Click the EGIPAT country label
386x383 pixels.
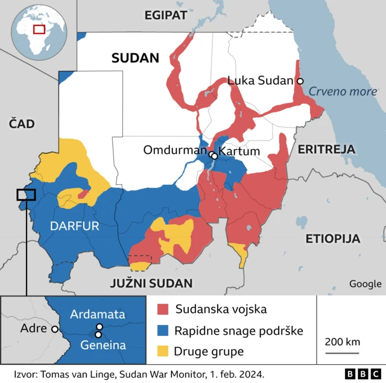pyautogui.click(x=165, y=16)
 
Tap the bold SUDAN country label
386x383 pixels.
pyautogui.click(x=134, y=58)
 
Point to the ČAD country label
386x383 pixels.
pyautogui.click(x=22, y=124)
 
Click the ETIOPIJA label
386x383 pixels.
pyautogui.click(x=332, y=237)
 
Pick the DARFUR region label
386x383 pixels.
pyautogui.click(x=74, y=226)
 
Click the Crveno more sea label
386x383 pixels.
pyautogui.click(x=343, y=92)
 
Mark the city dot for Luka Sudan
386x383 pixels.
pyautogui.click(x=300, y=81)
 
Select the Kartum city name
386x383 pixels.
pyautogui.click(x=239, y=151)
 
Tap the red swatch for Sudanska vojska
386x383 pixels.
pyautogui.click(x=162, y=310)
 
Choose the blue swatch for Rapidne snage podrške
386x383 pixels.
pyautogui.click(x=162, y=330)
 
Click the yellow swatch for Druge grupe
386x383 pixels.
pyautogui.click(x=162, y=351)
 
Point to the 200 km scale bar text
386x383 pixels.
pyautogui.click(x=342, y=342)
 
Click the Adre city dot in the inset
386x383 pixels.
pyautogui.click(x=55, y=329)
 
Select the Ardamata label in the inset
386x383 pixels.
pyautogui.click(x=97, y=314)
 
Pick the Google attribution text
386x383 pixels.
pyautogui.click(x=365, y=284)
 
